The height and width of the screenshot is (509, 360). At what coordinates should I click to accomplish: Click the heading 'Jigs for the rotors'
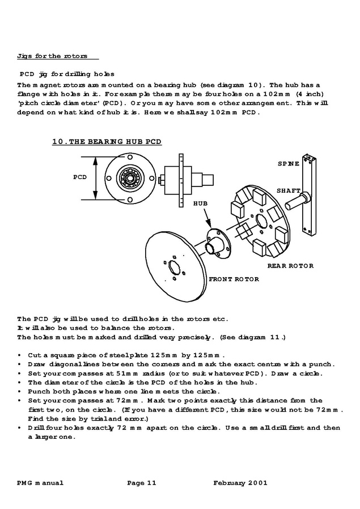[52, 56]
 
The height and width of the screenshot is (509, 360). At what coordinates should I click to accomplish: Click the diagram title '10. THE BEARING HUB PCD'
[107, 142]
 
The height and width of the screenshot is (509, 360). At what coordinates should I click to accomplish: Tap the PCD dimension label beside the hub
[80, 177]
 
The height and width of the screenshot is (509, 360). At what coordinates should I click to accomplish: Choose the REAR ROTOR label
[290, 265]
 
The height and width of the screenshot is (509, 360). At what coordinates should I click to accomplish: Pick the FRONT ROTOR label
[234, 279]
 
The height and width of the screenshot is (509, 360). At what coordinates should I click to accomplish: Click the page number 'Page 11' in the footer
[141, 483]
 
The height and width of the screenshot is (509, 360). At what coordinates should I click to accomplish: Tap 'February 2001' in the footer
[240, 483]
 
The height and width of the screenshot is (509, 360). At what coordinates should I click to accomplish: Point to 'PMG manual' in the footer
[40, 483]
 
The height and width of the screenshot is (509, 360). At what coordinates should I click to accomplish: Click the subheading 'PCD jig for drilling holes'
[67, 74]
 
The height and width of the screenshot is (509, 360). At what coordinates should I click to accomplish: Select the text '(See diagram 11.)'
[252, 337]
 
